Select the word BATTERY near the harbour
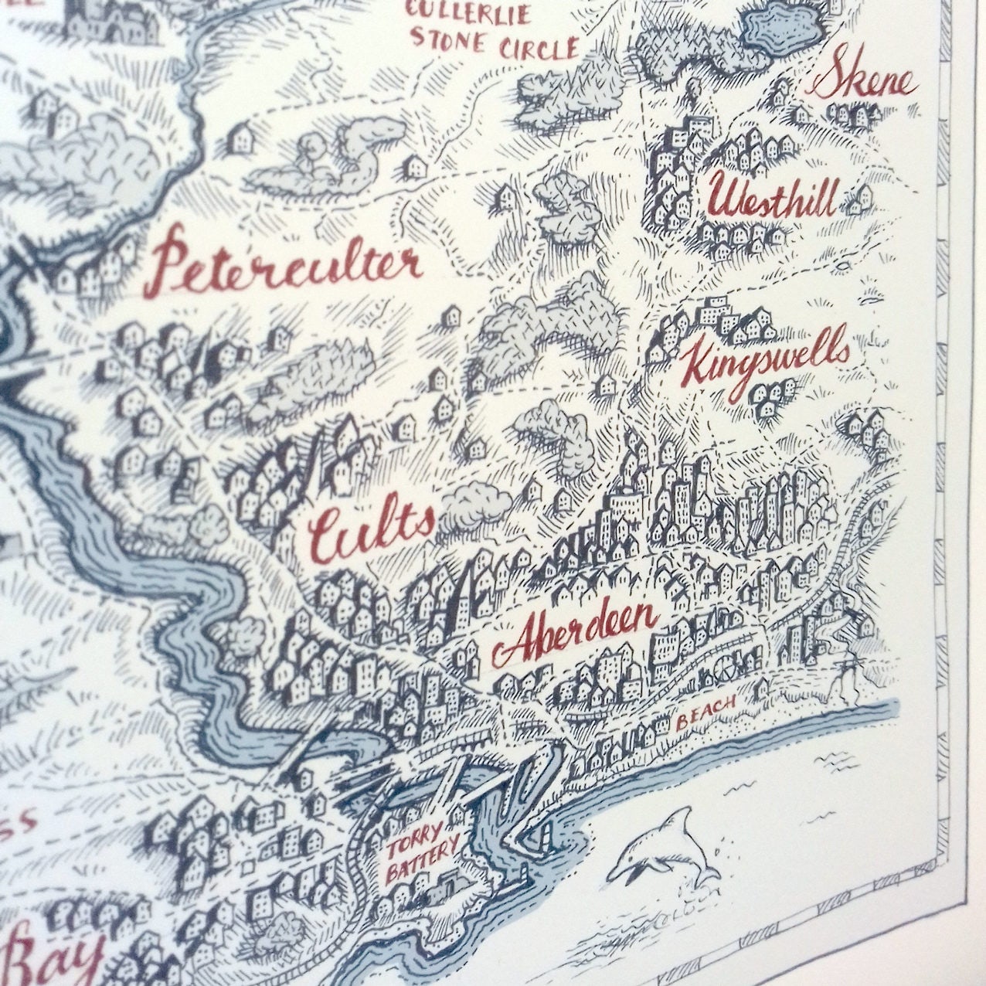pos(422,862)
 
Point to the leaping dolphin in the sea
pos(665,850)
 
